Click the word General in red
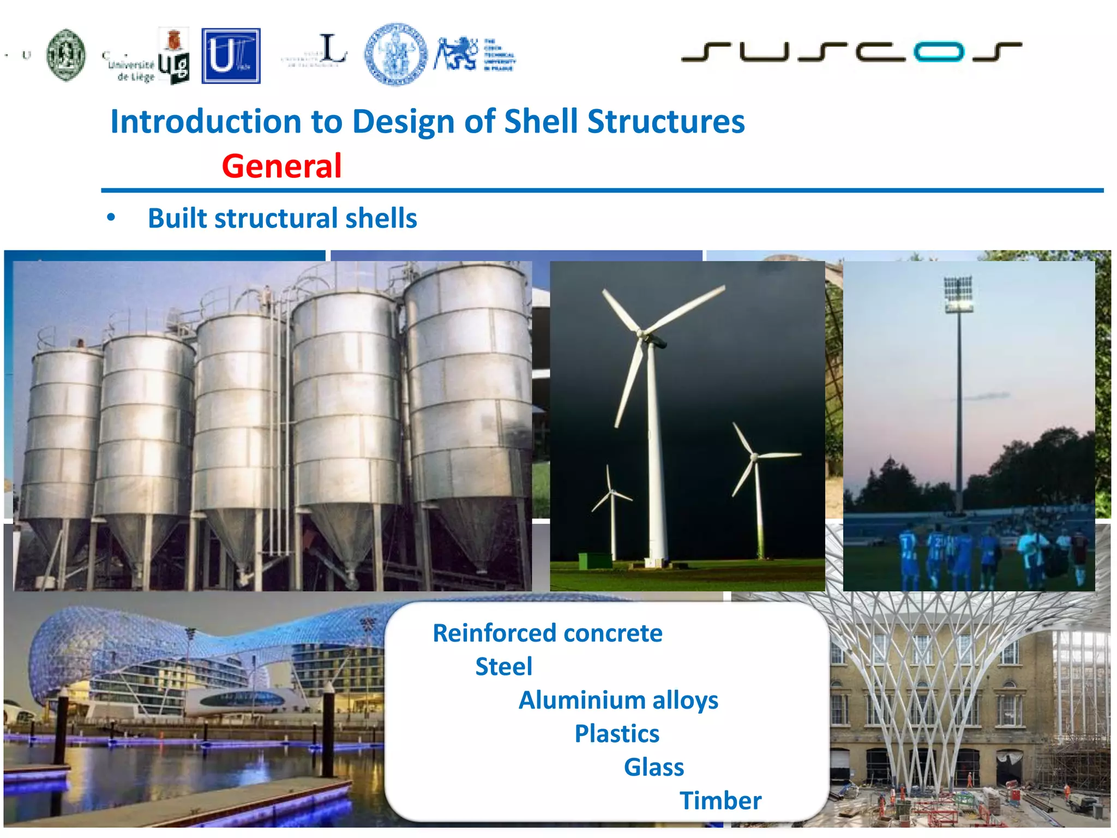click(281, 166)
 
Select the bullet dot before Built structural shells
click(111, 218)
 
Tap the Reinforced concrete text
click(547, 633)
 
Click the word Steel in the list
click(503, 667)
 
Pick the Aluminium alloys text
click(618, 701)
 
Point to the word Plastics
click(616, 734)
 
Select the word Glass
click(653, 767)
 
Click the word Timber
click(720, 801)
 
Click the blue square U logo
click(231, 56)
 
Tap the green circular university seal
click(66, 55)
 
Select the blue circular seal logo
click(395, 54)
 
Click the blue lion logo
click(456, 54)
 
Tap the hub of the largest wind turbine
click(642, 332)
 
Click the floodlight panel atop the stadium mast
click(958, 294)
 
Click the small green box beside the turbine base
click(594, 560)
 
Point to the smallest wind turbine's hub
click(612, 492)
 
